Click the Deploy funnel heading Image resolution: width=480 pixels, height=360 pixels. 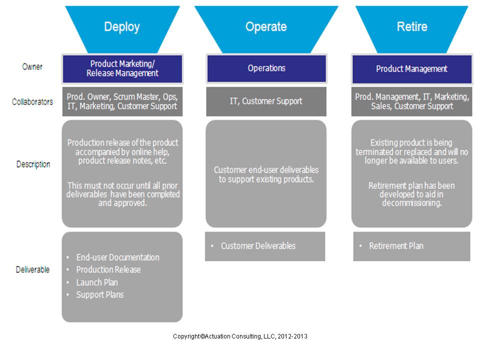point(122,27)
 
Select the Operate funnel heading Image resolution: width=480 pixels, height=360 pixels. point(266,27)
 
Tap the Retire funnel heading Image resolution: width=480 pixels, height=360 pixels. point(412,27)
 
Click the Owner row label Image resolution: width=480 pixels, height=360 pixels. point(32,67)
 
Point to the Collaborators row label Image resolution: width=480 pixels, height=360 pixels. point(32,102)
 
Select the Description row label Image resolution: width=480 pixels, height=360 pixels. point(33,164)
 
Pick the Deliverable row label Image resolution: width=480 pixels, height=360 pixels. point(33,270)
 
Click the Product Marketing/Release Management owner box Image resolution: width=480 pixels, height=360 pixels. point(123,68)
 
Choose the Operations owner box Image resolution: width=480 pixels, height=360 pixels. point(266,68)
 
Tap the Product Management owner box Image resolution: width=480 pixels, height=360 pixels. point(412,69)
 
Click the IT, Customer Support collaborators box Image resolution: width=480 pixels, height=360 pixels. point(266,101)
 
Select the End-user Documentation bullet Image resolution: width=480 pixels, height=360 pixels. point(117,257)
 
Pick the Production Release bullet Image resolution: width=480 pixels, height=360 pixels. point(108,270)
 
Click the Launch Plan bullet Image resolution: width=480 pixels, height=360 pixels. point(97,282)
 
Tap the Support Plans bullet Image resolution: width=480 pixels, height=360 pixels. point(100,295)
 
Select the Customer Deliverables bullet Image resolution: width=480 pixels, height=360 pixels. point(258,246)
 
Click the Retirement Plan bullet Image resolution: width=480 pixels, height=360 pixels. point(396,246)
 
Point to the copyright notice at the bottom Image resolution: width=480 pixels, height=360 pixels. point(240,336)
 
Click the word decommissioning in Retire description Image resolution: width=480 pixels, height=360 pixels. point(411,203)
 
